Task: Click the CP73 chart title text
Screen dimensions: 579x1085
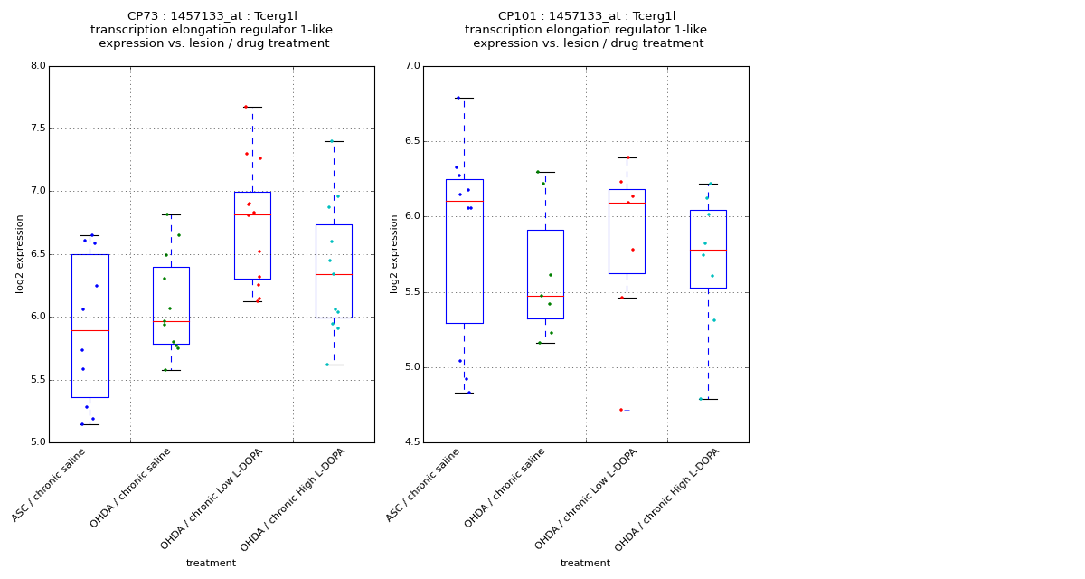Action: point(212,30)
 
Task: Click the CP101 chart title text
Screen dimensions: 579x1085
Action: point(586,30)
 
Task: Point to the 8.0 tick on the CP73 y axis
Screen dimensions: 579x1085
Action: point(37,66)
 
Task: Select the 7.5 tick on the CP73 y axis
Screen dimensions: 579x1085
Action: point(37,128)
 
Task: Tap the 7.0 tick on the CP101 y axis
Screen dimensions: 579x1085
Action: point(411,66)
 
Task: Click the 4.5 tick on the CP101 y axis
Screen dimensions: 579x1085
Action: point(411,442)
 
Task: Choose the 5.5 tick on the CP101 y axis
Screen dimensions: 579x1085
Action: point(411,292)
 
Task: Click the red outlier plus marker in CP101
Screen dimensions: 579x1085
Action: point(627,410)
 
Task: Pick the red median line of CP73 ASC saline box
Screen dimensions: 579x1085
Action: point(90,331)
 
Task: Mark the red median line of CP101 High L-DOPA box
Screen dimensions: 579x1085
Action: point(708,250)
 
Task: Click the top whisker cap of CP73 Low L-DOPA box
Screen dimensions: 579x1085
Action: point(252,107)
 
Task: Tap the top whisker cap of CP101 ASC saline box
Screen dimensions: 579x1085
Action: point(464,98)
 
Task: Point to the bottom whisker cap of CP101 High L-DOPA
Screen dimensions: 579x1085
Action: point(708,399)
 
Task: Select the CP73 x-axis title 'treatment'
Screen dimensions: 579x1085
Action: point(211,564)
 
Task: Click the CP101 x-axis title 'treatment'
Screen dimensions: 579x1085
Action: point(585,564)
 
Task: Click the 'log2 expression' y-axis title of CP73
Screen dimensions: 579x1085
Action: point(20,254)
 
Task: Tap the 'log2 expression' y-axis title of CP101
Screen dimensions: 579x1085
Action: point(394,254)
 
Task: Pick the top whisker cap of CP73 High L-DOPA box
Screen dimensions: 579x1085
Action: point(334,141)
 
